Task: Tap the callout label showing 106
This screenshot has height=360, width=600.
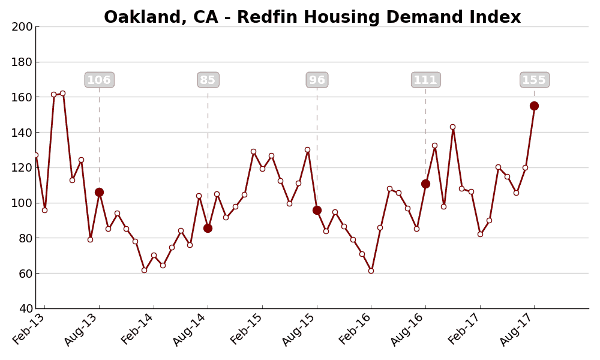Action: point(99,80)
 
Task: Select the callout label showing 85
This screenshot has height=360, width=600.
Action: point(208,80)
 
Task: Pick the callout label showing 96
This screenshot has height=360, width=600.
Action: point(317,80)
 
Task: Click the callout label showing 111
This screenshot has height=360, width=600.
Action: point(425,80)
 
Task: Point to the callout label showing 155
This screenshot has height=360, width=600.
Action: point(534,80)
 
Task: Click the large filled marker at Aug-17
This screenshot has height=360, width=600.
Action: point(534,106)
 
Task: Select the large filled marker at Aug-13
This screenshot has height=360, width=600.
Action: point(99,192)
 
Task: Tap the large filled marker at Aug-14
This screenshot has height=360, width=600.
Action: point(208,228)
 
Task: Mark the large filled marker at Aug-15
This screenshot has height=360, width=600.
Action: point(317,210)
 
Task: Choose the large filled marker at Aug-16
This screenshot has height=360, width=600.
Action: point(425,184)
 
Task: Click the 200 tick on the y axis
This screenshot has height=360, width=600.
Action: point(23,26)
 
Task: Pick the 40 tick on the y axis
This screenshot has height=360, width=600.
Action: point(26,308)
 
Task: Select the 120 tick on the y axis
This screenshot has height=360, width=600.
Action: point(23,167)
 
